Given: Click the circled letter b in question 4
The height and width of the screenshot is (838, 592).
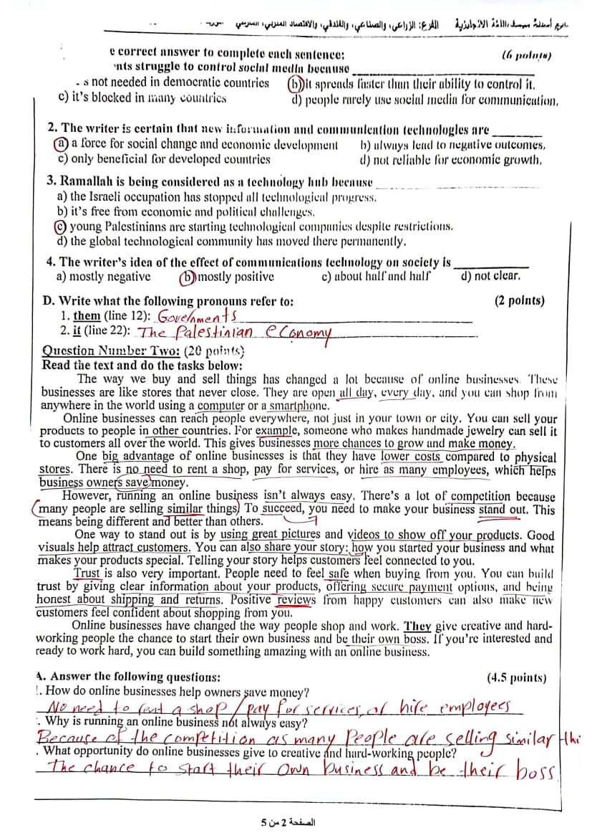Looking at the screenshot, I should [x=188, y=277].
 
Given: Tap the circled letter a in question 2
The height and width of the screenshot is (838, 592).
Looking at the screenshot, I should [x=62, y=144].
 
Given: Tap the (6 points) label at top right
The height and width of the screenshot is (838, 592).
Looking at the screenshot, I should [x=526, y=54].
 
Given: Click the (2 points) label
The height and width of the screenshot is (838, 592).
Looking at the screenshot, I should [x=519, y=301].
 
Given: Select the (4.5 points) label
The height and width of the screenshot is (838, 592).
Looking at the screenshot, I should [x=515, y=677].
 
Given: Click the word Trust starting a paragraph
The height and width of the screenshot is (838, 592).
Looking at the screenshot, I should [x=89, y=573].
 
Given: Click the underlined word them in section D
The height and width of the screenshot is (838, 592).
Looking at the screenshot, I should [x=87, y=315].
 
